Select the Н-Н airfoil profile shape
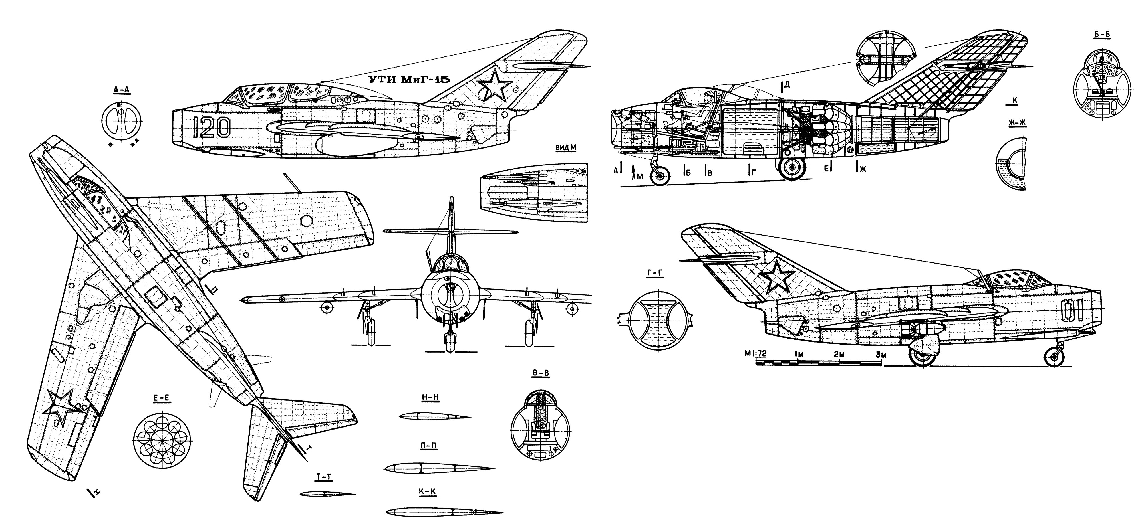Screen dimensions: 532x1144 click(434, 417)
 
